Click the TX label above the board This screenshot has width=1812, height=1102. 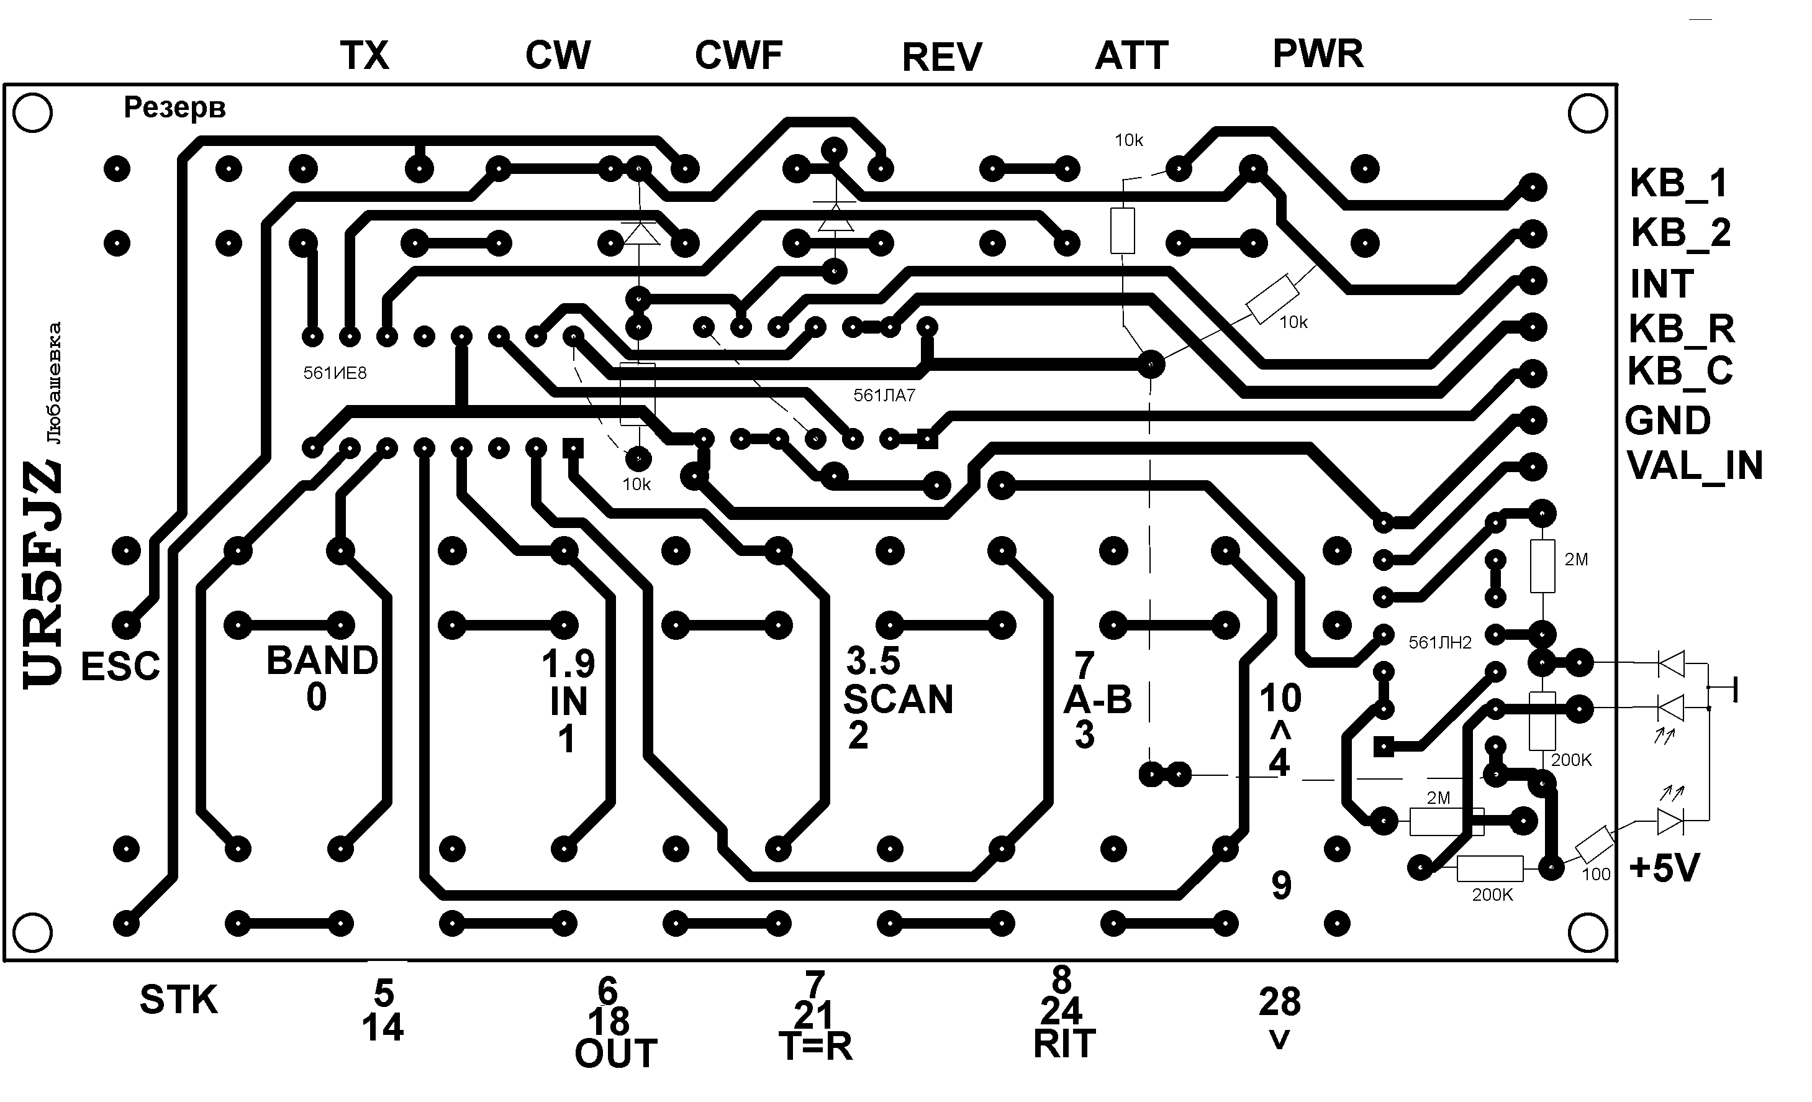[364, 55]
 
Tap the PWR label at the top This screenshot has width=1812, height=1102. [1318, 53]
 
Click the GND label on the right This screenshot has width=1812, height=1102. [1668, 421]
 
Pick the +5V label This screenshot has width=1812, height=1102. [1664, 868]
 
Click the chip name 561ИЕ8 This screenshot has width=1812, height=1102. [335, 373]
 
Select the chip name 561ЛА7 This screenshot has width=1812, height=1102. [884, 396]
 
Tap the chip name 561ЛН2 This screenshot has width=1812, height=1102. [1440, 643]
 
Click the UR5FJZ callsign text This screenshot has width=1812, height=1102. [43, 575]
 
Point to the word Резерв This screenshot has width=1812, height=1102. [174, 107]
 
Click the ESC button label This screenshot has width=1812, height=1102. [120, 667]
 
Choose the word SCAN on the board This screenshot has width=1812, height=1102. [898, 699]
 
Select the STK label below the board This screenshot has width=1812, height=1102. [179, 1000]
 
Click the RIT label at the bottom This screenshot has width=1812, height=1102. [1064, 1043]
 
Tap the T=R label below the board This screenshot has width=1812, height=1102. [815, 1046]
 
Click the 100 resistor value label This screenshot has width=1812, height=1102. [1596, 875]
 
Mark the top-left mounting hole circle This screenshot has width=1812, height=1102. [33, 113]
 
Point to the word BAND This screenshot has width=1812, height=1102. [322, 660]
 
